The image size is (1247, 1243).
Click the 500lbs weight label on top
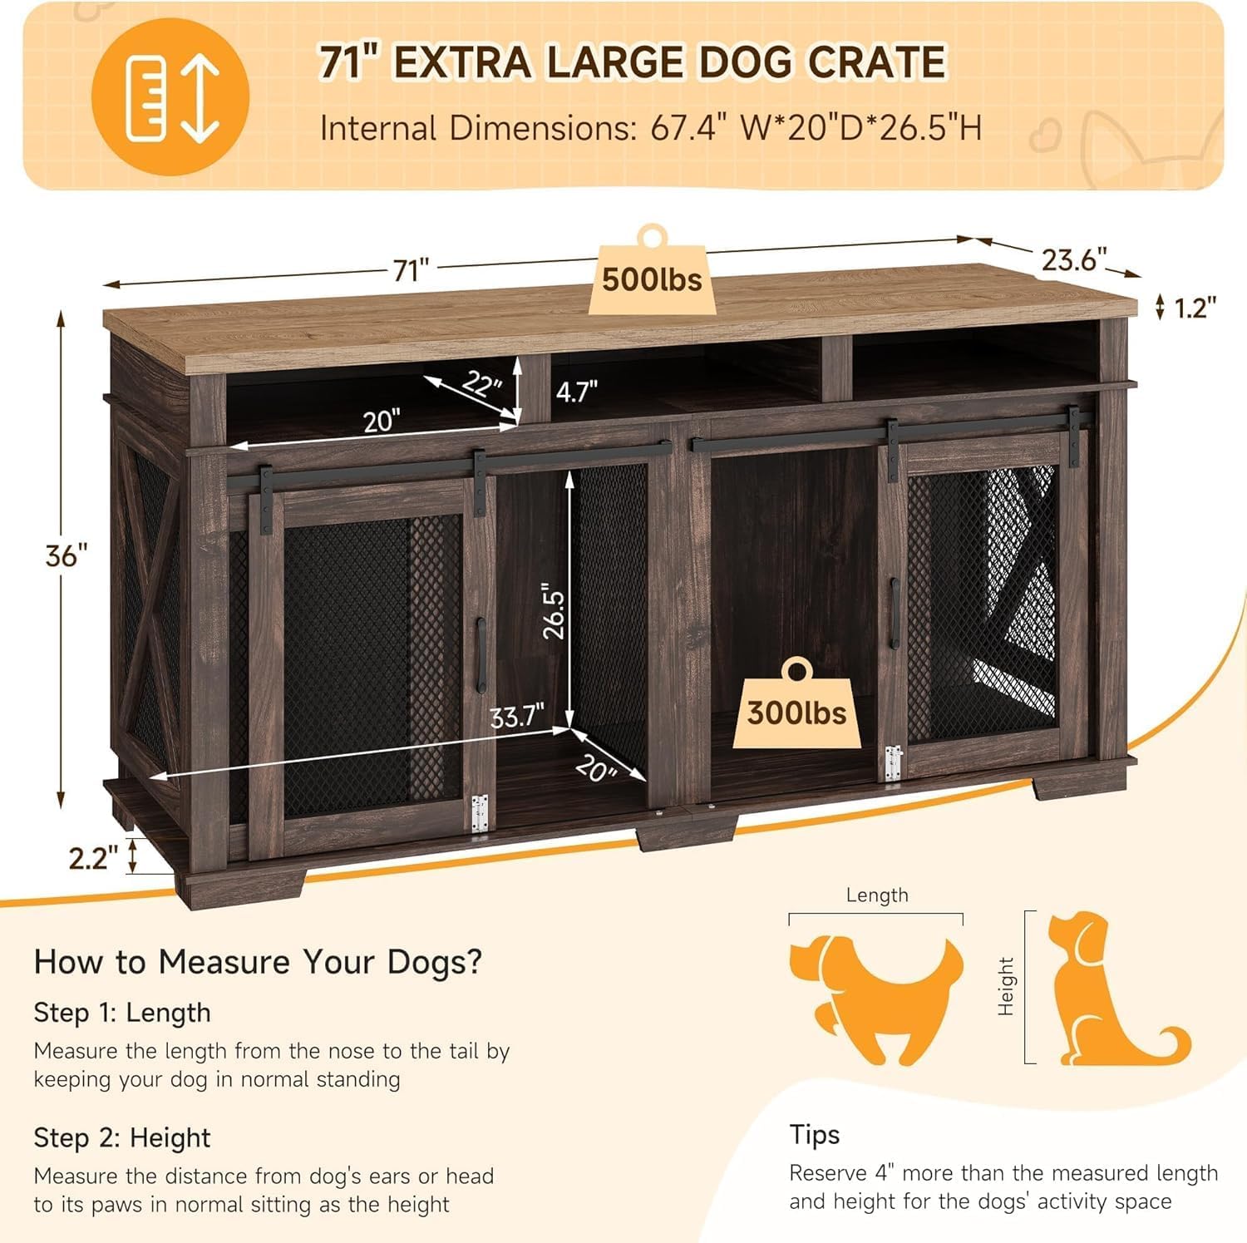[x=652, y=279]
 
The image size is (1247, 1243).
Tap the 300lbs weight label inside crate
[x=796, y=713]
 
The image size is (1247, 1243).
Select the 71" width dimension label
[x=411, y=270]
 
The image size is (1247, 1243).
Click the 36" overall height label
[x=66, y=555]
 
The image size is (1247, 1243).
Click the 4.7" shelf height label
[x=576, y=391]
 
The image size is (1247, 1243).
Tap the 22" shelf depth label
[x=482, y=384]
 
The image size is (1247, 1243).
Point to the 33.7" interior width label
[x=516, y=715]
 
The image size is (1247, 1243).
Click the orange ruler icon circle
[x=170, y=97]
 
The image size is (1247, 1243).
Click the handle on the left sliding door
[x=481, y=654]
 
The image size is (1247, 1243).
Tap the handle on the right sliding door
[x=895, y=614]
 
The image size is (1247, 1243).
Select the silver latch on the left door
[x=479, y=812]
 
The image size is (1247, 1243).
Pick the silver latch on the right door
[x=893, y=762]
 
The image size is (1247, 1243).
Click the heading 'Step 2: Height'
[x=122, y=1137]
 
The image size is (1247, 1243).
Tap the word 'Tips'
[x=814, y=1134]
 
